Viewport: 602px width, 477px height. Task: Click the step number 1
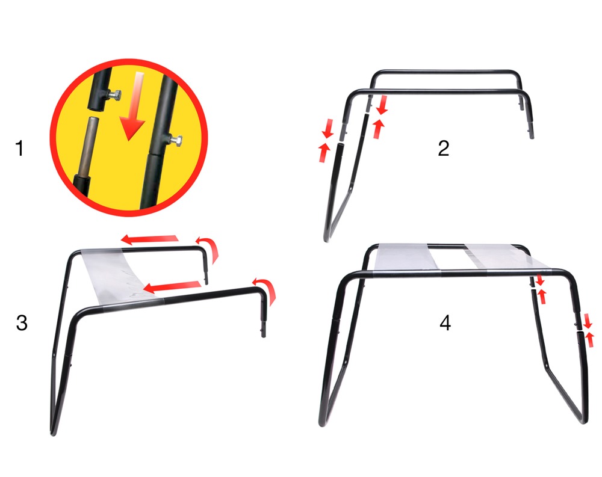(x=20, y=148)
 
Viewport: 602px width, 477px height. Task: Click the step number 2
(x=444, y=148)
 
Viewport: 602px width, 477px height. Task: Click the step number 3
(x=22, y=323)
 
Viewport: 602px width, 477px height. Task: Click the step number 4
(x=445, y=323)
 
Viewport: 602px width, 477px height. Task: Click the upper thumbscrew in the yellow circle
(x=114, y=94)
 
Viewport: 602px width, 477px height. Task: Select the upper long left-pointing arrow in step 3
(x=150, y=240)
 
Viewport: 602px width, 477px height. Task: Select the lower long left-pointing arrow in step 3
(x=172, y=286)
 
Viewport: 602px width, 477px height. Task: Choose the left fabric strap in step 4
(x=407, y=257)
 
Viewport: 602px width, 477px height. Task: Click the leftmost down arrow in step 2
(x=327, y=129)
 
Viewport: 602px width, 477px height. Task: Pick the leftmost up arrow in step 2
(x=324, y=152)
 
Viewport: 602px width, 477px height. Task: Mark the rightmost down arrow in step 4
(x=588, y=321)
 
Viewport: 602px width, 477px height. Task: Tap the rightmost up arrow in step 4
(x=589, y=340)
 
